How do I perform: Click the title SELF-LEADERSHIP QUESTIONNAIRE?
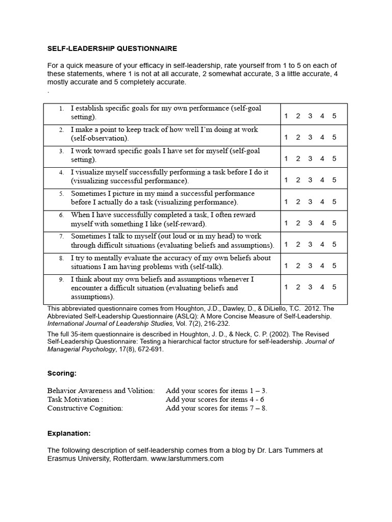click(x=112, y=48)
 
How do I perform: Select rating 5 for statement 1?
click(x=334, y=116)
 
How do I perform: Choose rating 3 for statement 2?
click(x=310, y=137)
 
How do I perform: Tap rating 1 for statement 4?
click(x=286, y=180)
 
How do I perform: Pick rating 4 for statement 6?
click(x=322, y=223)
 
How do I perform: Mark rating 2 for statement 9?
click(x=298, y=287)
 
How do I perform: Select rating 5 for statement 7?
click(x=334, y=244)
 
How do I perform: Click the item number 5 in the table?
click(x=61, y=194)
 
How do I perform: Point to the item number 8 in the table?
click(x=61, y=258)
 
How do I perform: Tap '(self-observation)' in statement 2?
click(x=100, y=138)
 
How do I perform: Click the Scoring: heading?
click(x=62, y=373)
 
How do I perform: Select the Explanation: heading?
click(x=69, y=433)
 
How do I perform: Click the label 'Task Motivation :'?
click(x=75, y=399)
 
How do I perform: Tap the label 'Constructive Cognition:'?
click(x=85, y=408)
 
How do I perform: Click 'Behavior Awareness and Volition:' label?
click(x=101, y=390)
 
